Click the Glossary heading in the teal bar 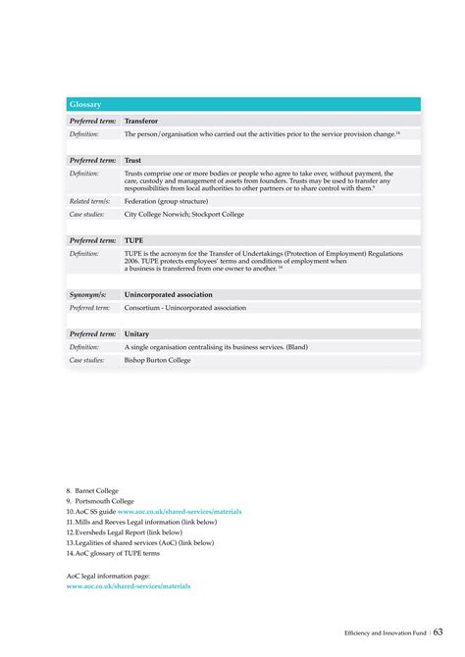click(x=85, y=104)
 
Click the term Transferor click(x=143, y=121)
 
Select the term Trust click(x=133, y=160)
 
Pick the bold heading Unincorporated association click(x=169, y=294)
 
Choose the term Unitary click(x=137, y=333)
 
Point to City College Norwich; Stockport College click(x=184, y=214)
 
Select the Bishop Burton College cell click(x=158, y=360)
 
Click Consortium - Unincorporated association click(x=185, y=308)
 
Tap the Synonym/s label click(x=88, y=294)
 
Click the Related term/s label click(x=89, y=200)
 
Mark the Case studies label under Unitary click(x=88, y=360)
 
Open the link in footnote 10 click(x=180, y=511)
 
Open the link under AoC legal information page click(x=129, y=585)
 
